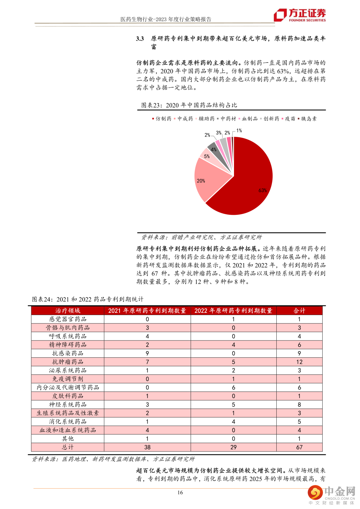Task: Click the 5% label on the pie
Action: [x=207, y=156]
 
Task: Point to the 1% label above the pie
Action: [x=239, y=131]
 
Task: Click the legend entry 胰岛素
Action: [x=309, y=119]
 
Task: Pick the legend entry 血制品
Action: [x=250, y=119]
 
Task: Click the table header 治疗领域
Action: [x=68, y=310]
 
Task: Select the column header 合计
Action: [x=299, y=310]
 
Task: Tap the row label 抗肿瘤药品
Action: [x=68, y=362]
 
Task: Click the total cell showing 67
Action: [x=299, y=447]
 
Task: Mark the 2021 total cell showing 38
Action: [x=147, y=447]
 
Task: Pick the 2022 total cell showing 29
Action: [x=233, y=447]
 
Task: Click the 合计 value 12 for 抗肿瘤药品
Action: [x=299, y=362]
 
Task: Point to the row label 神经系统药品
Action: [x=68, y=404]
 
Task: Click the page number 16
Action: [x=180, y=492]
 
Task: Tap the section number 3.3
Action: [x=140, y=39]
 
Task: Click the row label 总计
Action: [x=68, y=447]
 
